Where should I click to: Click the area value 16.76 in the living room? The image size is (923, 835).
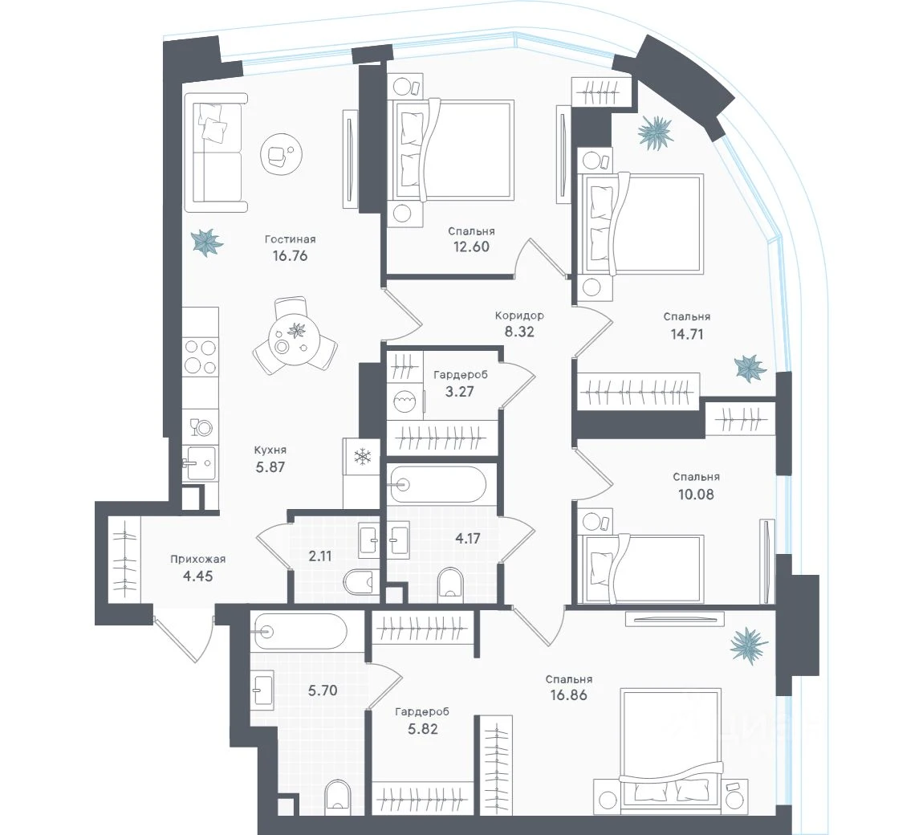[x=290, y=255]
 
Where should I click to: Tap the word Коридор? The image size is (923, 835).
[x=519, y=316]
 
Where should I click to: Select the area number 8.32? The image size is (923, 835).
[x=519, y=332]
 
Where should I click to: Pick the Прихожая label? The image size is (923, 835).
[x=197, y=560]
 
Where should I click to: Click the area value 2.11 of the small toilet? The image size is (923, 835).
[x=320, y=556]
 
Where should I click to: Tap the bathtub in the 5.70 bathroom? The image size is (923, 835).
[x=299, y=631]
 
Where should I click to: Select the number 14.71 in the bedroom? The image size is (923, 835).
[x=687, y=334]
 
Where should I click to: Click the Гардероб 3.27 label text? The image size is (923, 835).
[x=460, y=383]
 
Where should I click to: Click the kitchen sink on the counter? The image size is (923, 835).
[x=199, y=463]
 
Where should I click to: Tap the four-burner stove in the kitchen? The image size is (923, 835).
[x=200, y=356]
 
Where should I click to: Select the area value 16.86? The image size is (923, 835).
[x=568, y=694]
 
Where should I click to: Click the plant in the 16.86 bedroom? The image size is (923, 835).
[x=749, y=645]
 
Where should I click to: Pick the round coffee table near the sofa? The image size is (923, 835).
[x=282, y=153]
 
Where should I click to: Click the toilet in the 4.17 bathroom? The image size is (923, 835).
[x=452, y=585]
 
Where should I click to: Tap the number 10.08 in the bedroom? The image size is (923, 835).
[x=696, y=494]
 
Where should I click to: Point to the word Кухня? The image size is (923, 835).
[x=270, y=450]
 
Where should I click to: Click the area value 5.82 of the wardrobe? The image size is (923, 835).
[x=423, y=729]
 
